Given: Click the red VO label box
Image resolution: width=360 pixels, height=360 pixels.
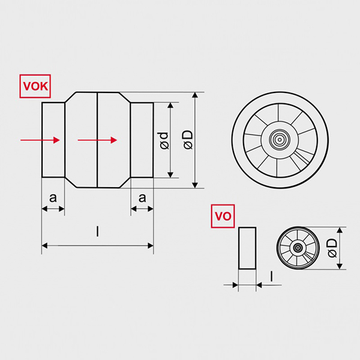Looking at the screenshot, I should pyautogui.click(x=222, y=217).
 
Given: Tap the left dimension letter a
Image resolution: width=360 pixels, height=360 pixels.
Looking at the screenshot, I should pyautogui.click(x=53, y=197).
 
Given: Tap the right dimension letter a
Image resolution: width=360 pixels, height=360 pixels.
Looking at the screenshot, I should pyautogui.click(x=142, y=197).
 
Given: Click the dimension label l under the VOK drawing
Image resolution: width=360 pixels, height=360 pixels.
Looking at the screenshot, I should pyautogui.click(x=97, y=231).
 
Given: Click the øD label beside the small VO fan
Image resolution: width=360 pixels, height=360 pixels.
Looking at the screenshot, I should pyautogui.click(x=332, y=248).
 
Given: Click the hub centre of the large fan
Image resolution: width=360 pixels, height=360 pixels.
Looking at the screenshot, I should pyautogui.click(x=279, y=140).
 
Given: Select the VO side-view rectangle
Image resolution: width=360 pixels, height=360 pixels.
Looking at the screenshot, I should pyautogui.click(x=247, y=248).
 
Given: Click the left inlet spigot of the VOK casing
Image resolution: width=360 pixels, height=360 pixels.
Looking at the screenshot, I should pyautogui.click(x=53, y=140).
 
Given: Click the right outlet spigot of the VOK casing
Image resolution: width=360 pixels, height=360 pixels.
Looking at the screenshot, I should pyautogui.click(x=142, y=140).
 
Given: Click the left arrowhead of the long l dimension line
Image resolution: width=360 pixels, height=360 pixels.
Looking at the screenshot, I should pyautogui.click(x=44, y=245).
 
